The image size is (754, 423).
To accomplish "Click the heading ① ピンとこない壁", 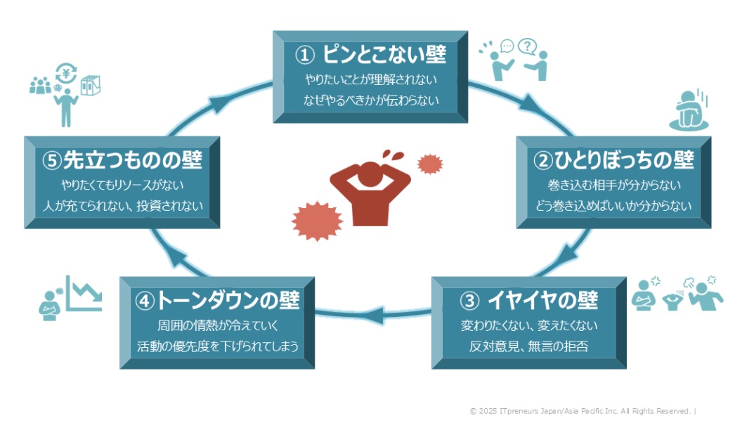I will click(371, 55).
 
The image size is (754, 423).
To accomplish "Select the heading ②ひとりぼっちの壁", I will click(613, 161).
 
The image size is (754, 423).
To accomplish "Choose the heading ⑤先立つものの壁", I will click(122, 161).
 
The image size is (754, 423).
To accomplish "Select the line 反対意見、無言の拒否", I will click(528, 346).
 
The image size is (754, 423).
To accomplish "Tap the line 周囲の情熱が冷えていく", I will click(217, 326).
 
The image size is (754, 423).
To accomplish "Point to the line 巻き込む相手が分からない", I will click(613, 186).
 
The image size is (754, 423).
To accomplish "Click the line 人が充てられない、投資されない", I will click(122, 206).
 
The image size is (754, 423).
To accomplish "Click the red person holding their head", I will click(370, 188).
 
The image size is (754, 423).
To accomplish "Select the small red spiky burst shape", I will click(429, 164).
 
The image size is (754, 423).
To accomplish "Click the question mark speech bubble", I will click(526, 47).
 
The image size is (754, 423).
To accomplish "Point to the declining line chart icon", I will click(84, 293).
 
